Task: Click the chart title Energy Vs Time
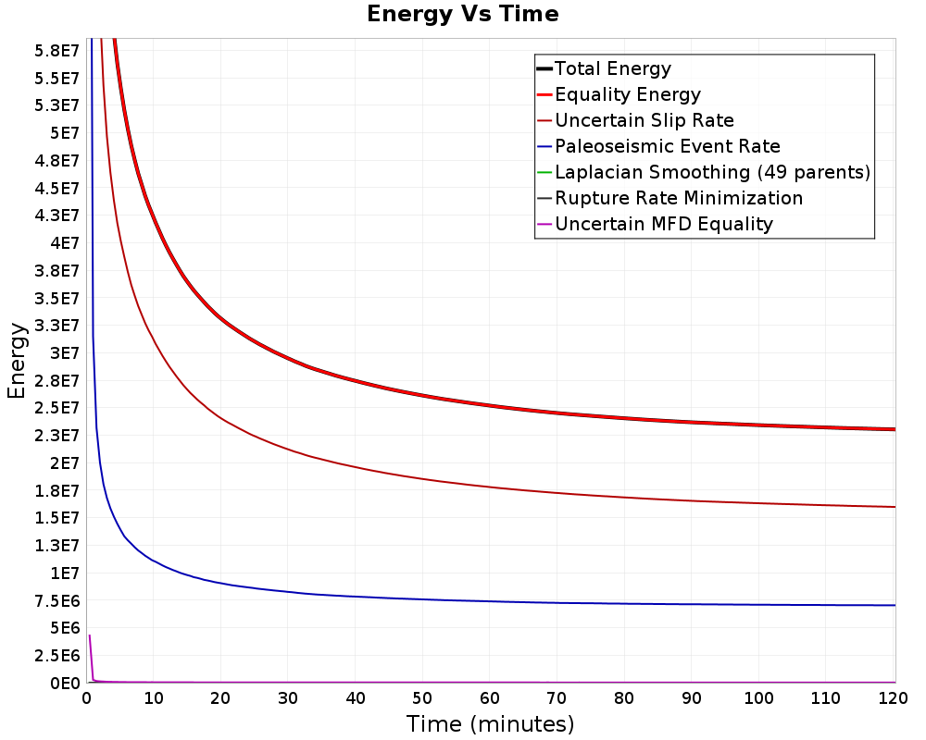463,15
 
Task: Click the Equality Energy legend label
627,94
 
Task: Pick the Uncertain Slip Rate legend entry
644,120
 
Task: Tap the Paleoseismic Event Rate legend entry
667,146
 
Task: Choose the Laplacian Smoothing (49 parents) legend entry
712,172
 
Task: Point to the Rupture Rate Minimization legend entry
678,198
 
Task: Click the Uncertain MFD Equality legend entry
663,224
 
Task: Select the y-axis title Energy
17,360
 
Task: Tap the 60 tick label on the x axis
491,697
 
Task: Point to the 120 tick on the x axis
894,697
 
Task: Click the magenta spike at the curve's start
90,638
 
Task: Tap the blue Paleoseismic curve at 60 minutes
491,600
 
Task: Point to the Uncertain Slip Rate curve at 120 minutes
893,507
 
